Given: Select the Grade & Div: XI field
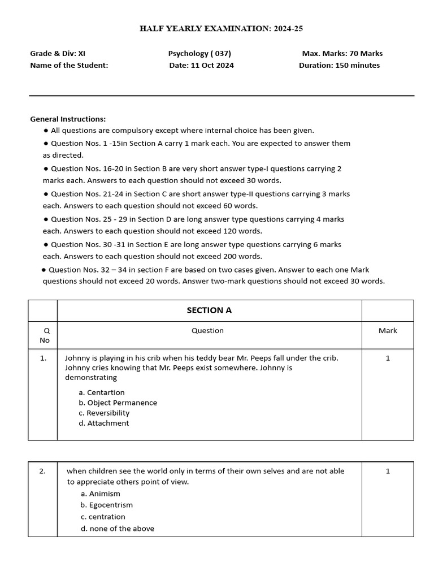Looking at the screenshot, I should click(x=58, y=54).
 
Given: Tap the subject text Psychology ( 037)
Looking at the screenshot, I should click(x=199, y=54).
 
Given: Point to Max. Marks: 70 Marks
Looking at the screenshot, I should click(x=342, y=54).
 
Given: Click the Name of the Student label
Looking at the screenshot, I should click(x=69, y=65).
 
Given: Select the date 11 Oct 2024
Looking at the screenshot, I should click(x=201, y=65).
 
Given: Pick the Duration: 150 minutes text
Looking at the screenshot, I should click(x=339, y=65).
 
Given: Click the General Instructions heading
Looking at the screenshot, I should click(x=68, y=119).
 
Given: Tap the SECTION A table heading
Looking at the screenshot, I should click(x=209, y=310).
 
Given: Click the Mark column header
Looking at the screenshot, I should click(x=388, y=330).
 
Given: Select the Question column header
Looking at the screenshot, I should click(x=207, y=330).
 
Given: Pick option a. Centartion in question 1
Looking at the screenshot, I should click(x=102, y=392).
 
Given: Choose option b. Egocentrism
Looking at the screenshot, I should click(x=107, y=505).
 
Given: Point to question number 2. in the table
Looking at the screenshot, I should click(x=42, y=471).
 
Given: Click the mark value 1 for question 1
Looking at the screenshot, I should click(x=388, y=358).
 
